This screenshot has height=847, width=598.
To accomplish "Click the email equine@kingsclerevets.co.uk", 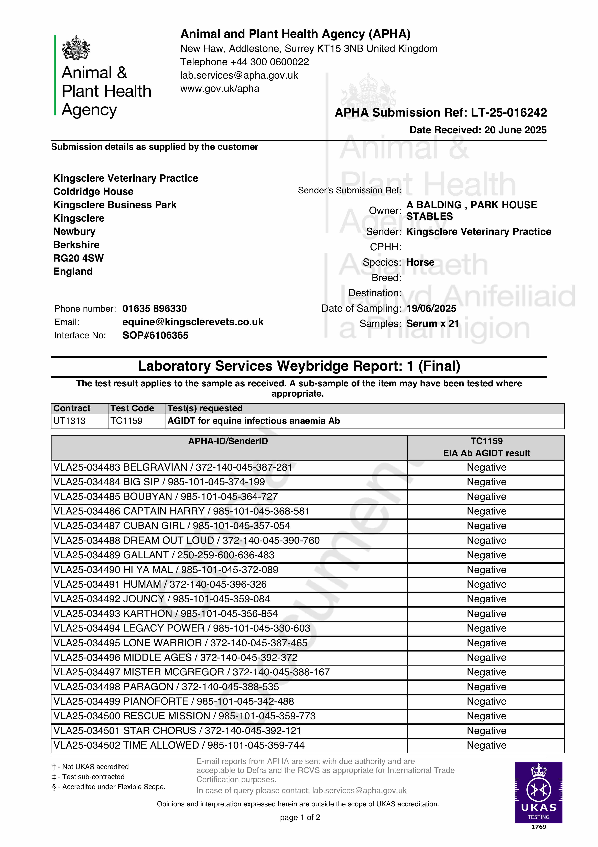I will [193, 322].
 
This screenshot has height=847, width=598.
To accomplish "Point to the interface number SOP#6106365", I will [155, 335].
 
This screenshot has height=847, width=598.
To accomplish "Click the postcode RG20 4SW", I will [79, 258].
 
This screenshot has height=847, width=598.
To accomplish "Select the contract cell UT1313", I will [70, 421].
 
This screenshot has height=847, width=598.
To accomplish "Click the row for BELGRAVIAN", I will [172, 467].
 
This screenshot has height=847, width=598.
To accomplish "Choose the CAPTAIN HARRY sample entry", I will [181, 511].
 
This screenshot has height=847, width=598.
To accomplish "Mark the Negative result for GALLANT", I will [486, 555].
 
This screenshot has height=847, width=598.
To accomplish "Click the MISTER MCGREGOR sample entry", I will [191, 672].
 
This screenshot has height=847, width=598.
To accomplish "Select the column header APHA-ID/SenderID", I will [228, 441].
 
